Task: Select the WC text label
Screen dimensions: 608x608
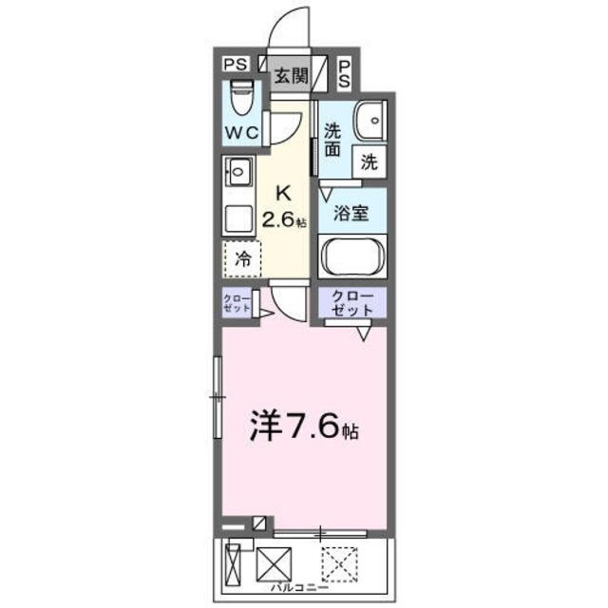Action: (x=243, y=133)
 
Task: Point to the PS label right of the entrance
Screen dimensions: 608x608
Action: (x=344, y=73)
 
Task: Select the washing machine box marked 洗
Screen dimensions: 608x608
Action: (x=369, y=161)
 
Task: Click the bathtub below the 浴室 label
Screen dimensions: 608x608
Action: (x=352, y=256)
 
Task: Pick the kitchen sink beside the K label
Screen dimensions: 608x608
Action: (x=236, y=174)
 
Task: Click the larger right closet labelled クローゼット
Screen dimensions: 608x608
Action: (x=351, y=303)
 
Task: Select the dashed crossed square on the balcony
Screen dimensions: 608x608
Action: (x=339, y=566)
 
